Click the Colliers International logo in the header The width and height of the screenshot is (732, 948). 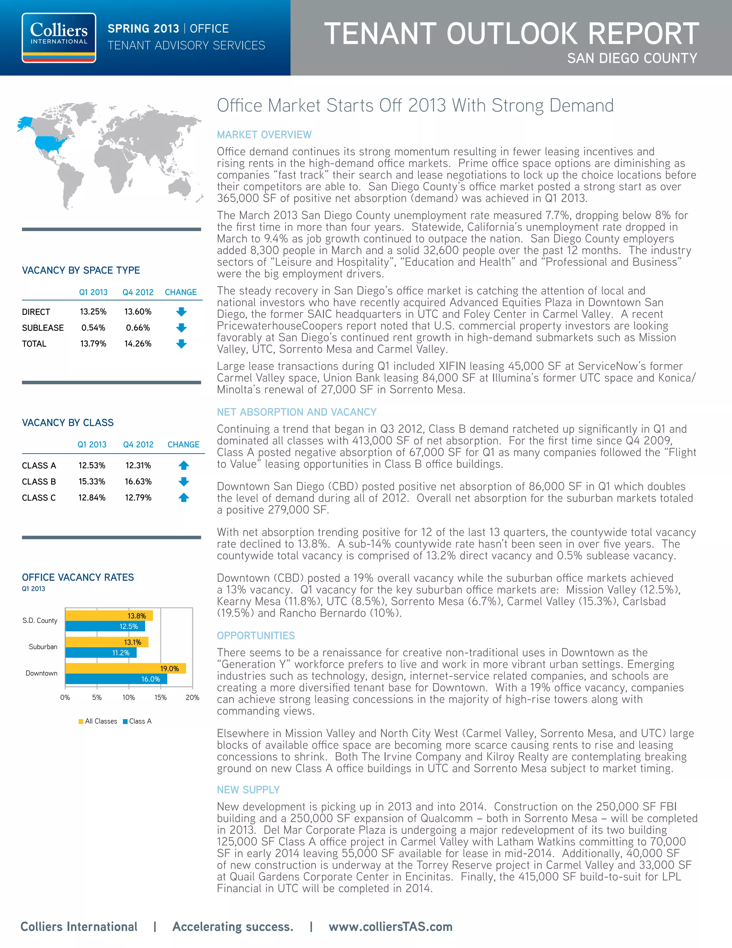point(59,38)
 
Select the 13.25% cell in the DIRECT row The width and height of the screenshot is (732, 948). point(93,312)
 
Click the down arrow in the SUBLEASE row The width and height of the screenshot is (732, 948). point(181,328)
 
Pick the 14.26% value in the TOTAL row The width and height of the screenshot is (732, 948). point(138,344)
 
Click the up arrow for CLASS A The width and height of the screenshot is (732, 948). point(183,465)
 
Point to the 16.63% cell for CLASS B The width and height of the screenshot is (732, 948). point(138,482)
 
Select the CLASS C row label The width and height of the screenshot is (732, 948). point(39,498)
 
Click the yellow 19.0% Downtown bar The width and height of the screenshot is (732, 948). point(125,669)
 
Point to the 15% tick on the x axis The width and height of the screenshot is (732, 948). point(160,698)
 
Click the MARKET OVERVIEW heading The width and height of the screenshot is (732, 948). point(264,135)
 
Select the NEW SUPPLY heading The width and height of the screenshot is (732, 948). point(248,790)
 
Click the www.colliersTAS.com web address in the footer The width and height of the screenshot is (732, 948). point(390,927)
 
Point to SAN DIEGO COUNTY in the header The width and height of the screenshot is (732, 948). point(632,58)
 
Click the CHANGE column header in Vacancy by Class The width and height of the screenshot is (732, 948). point(183,444)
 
